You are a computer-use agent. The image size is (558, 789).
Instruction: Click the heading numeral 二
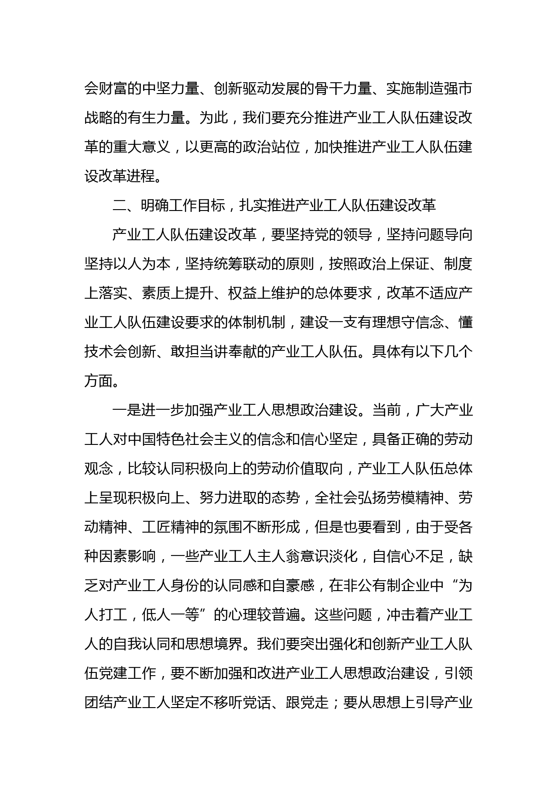tap(120, 206)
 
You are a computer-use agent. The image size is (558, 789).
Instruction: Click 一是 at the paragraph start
tap(127, 410)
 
